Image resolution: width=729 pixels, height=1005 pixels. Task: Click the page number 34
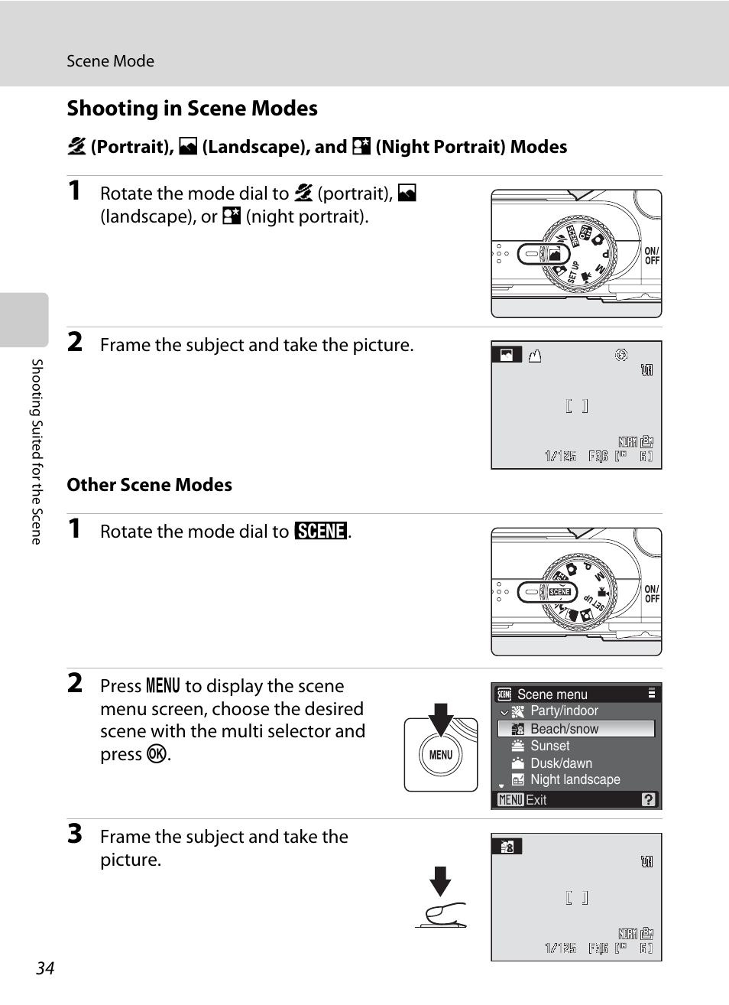point(45,968)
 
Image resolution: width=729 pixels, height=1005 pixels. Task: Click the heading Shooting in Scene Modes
point(193,109)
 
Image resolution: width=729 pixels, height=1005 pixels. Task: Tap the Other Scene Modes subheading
point(149,485)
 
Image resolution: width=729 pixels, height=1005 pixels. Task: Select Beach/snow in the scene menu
point(565,729)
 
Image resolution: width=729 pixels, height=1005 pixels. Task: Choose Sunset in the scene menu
point(549,746)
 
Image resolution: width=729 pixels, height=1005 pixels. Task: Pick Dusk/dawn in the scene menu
point(562,763)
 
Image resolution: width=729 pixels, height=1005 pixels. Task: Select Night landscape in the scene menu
point(575,779)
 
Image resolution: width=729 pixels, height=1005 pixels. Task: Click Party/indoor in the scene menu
point(564,711)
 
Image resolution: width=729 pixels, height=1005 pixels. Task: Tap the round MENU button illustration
point(441,755)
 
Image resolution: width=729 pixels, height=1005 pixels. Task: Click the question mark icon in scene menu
point(648,799)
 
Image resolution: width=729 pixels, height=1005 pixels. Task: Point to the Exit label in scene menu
point(536,800)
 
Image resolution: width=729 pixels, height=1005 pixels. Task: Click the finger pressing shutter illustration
point(442,916)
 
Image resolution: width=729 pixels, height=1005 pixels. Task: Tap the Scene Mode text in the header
point(110,61)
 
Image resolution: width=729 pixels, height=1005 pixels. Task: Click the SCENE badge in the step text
point(321,531)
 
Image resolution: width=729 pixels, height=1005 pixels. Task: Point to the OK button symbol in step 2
point(157,754)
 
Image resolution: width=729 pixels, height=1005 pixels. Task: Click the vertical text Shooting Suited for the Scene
point(37,452)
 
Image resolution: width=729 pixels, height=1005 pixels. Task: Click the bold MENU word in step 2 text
point(163,685)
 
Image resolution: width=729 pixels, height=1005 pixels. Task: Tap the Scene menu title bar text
point(552,694)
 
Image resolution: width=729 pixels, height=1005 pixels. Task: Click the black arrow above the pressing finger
point(440,882)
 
